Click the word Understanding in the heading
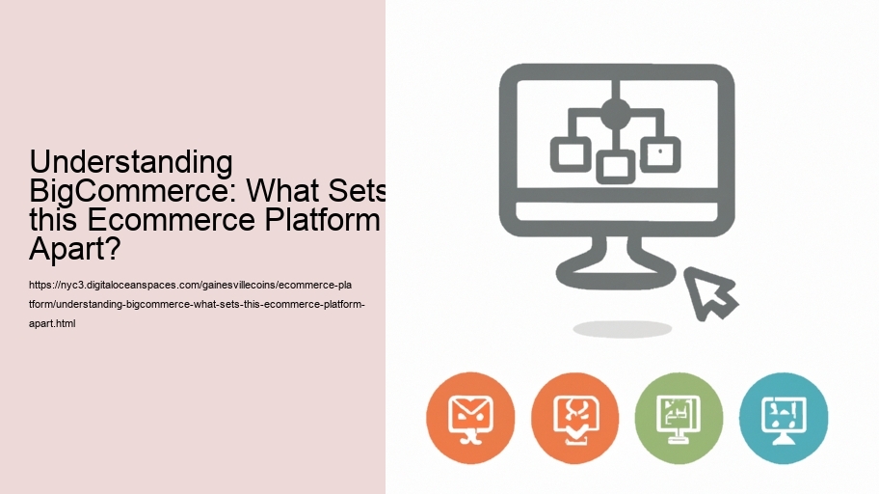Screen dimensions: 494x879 click(x=131, y=162)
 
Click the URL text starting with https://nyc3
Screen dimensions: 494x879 click(x=193, y=286)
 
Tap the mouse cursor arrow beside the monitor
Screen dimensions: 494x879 click(x=710, y=290)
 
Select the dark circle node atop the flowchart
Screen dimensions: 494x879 click(x=615, y=113)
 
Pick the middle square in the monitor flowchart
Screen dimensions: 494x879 click(x=615, y=166)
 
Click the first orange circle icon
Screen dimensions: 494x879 click(x=470, y=418)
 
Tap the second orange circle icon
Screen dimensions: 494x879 click(x=574, y=418)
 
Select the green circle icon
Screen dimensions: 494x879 click(x=679, y=418)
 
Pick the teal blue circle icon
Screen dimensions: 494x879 click(x=783, y=418)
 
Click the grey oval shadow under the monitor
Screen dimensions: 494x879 click(x=622, y=329)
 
